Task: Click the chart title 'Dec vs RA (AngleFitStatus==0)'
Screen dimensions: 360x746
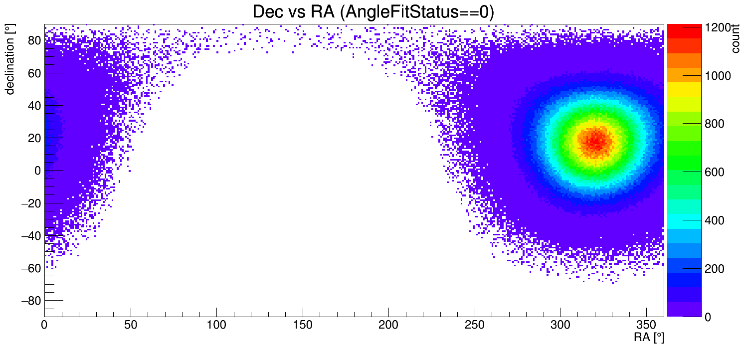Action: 373,12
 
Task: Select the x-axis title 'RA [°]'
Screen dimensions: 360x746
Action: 649,338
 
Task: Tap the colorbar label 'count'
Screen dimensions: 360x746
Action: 735,40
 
